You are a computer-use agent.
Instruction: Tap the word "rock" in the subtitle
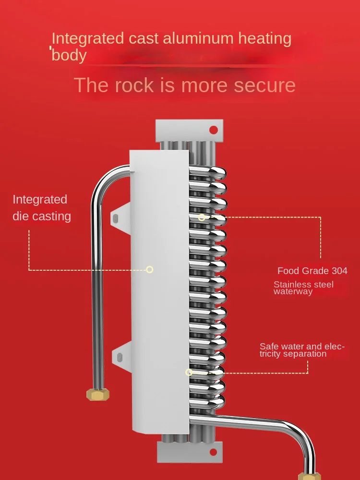134,85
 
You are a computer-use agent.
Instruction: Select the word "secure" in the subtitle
264,85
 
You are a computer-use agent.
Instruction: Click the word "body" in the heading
69,55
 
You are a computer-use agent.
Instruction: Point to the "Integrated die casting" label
42,208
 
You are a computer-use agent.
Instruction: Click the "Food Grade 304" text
312,271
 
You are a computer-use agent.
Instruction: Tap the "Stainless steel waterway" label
303,288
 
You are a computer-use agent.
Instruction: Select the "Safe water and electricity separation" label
302,350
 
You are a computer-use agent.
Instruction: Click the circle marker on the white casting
150,269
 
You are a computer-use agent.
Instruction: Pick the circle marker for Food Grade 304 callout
202,217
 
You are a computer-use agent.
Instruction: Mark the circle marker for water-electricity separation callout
189,372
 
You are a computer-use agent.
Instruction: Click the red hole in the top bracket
214,130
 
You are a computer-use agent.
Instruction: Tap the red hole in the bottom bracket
213,452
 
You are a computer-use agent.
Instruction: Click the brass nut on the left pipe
98,394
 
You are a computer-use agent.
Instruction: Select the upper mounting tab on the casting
120,217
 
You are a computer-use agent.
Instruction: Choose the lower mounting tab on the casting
121,357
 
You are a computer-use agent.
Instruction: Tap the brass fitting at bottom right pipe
310,476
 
